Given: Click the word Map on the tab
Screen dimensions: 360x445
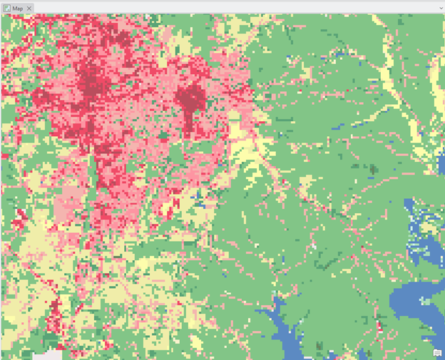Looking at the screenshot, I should pyautogui.click(x=18, y=8).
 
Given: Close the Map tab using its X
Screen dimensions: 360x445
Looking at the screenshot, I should pyautogui.click(x=29, y=8).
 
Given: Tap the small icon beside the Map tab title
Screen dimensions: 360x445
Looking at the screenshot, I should pyautogui.click(x=6, y=8).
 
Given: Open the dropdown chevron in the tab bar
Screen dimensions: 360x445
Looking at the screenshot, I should pyautogui.click(x=440, y=8).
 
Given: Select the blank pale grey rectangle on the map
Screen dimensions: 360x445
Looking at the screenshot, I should pyautogui.click(x=47, y=354).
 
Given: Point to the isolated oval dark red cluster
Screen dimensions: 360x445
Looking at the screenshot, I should pyautogui.click(x=189, y=100).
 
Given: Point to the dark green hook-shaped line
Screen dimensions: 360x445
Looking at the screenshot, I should pyautogui.click(x=372, y=169).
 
